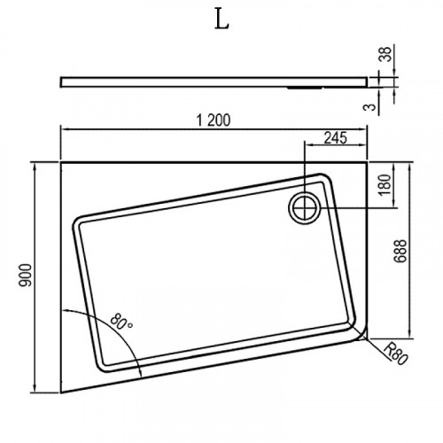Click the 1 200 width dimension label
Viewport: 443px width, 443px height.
click(214, 120)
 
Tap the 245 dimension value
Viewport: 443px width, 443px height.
click(335, 137)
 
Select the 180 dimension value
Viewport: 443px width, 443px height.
click(385, 185)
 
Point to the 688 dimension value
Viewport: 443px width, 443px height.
click(401, 251)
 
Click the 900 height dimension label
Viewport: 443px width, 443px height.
click(25, 276)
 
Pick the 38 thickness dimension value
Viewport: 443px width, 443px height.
click(386, 54)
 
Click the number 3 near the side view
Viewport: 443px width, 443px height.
click(370, 106)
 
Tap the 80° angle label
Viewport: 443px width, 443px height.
click(121, 322)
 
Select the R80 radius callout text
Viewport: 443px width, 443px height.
click(395, 354)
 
